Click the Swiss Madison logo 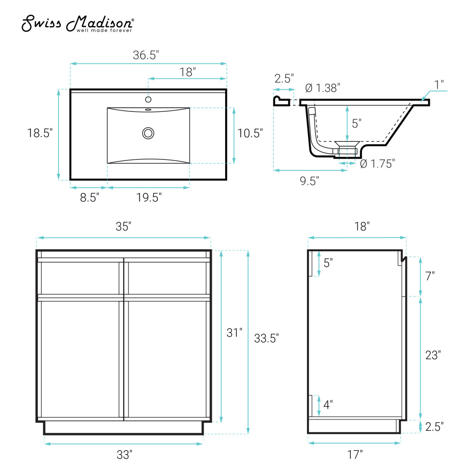pos(78,23)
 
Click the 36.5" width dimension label pos(146,55)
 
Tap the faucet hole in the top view pos(148,99)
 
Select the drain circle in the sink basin pos(148,133)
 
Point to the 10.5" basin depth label pos(250,133)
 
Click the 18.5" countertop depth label pos(40,133)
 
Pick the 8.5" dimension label pos(89,198)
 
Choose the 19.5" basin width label pos(149,198)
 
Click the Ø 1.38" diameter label pos(323,88)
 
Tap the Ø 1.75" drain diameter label pos(377,164)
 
